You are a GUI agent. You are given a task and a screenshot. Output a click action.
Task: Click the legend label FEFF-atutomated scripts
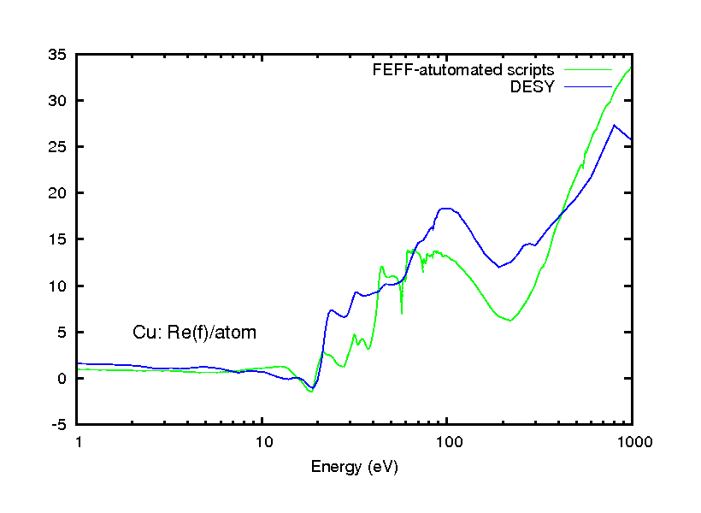pos(463,69)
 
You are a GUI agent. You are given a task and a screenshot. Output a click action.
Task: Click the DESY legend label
pos(533,86)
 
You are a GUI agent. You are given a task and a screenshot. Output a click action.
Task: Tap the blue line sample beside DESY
pos(587,86)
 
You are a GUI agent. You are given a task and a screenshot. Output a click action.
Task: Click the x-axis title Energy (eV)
pos(355,467)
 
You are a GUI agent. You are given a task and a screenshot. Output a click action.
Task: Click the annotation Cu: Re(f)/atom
pos(194,333)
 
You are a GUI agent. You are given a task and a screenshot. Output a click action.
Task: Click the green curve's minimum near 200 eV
pos(510,321)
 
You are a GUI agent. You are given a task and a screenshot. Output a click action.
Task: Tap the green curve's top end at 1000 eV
pos(631,68)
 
